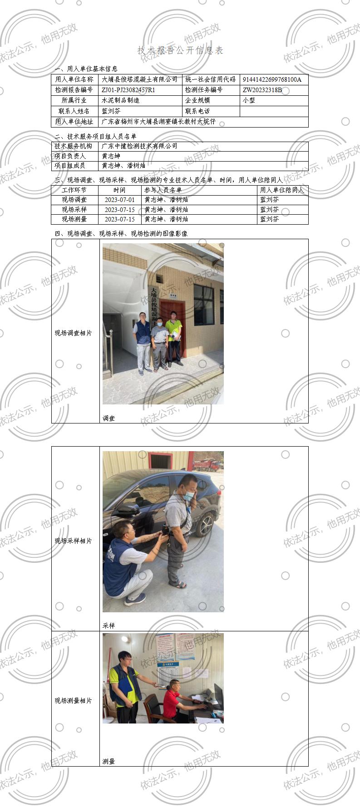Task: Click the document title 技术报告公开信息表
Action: coord(180,50)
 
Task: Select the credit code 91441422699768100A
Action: coord(271,79)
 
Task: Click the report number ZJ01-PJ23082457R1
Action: coord(128,90)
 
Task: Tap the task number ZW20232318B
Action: coord(262,90)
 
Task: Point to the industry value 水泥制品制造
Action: coord(120,100)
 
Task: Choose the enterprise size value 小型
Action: coord(249,100)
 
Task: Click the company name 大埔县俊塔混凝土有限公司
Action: coord(139,79)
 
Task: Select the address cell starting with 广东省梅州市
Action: coord(158,122)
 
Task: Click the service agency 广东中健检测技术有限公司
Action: coord(139,146)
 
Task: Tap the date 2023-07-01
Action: coord(119,200)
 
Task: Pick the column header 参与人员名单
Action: coord(163,190)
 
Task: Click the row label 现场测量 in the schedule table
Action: coord(74,219)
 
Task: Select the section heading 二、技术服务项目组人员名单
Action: coord(95,136)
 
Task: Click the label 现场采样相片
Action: coord(73,541)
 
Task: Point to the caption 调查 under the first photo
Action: coord(109,418)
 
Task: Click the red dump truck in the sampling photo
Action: coord(207,464)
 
